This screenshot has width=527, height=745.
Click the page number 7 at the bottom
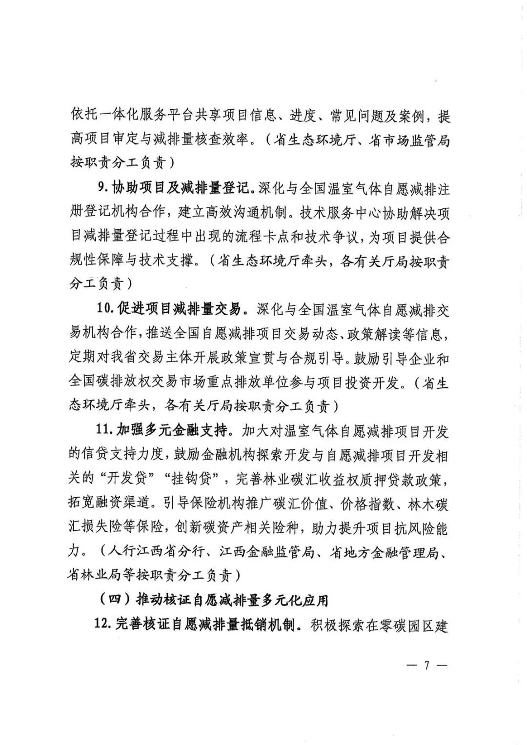[426, 665]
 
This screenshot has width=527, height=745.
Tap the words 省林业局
[94, 576]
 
